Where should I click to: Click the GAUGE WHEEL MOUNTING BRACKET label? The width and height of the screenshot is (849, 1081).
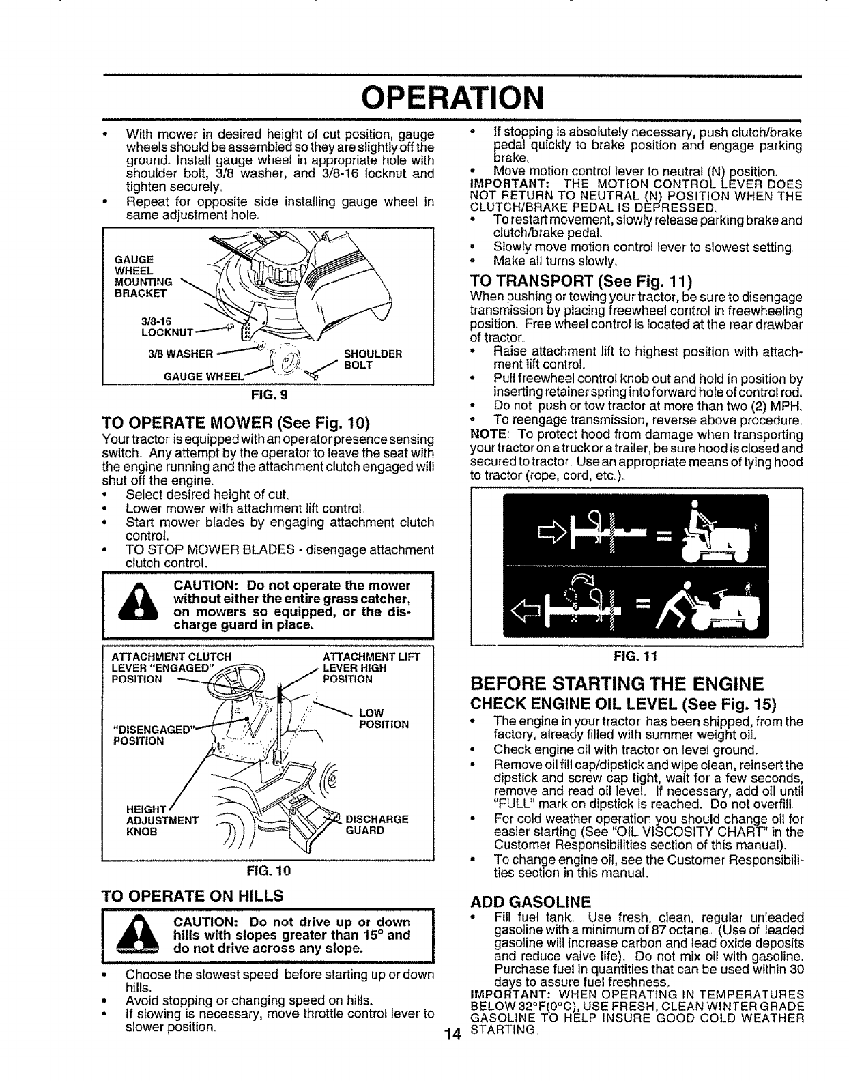coord(145,276)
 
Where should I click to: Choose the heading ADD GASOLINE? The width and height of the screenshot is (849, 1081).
coord(530,899)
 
